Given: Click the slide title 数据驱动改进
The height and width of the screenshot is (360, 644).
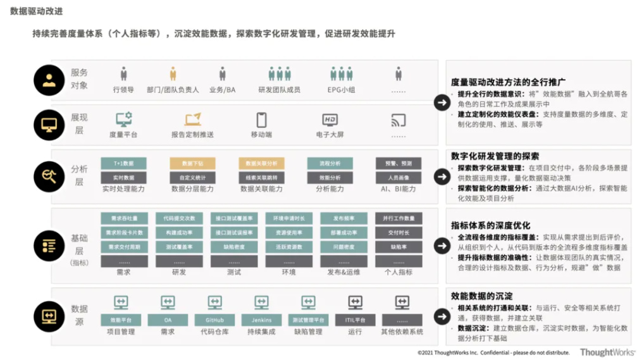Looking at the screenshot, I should coord(36,11).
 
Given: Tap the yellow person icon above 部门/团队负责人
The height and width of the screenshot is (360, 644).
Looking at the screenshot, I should coord(173,73).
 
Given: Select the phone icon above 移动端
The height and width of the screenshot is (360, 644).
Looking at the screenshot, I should coord(261,120).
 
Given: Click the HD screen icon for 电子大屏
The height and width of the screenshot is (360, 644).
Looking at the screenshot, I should coord(330,120).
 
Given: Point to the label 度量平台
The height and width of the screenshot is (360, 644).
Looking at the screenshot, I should coord(123,135).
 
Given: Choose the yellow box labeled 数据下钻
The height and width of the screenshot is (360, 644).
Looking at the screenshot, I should coord(192,163).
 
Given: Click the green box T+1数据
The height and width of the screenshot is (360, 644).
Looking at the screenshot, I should coord(123,163).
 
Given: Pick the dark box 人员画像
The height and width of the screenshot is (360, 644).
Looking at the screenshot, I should coord(399,178).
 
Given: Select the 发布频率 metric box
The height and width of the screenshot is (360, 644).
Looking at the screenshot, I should coord(344,218).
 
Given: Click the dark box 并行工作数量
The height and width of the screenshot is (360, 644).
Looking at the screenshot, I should coord(399,218).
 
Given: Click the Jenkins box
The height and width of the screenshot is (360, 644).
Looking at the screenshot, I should coord(261,320).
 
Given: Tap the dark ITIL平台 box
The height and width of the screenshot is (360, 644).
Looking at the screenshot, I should coord(355,320).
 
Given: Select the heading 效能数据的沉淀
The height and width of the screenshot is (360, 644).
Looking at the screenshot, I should coord(481,295).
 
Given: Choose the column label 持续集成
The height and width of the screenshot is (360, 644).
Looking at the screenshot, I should coord(261,332).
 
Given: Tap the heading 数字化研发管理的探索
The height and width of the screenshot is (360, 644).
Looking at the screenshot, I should coord(495,156).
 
